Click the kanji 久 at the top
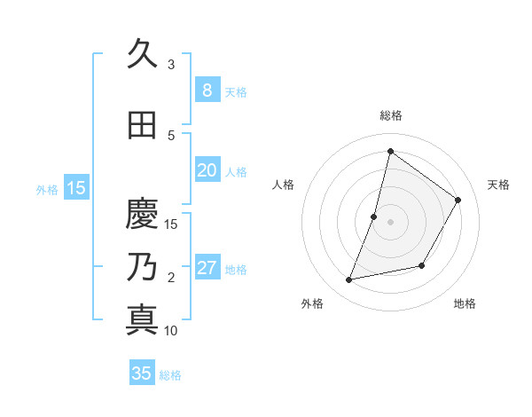click(x=142, y=54)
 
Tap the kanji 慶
click(x=142, y=214)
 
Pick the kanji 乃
click(x=142, y=267)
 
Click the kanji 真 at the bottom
click(x=142, y=319)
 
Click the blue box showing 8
click(x=207, y=90)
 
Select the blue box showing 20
click(x=207, y=170)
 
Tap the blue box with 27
click(x=207, y=268)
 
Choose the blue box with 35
click(x=142, y=374)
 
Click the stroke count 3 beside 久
click(x=171, y=65)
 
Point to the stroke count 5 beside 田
click(x=171, y=136)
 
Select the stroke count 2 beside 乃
click(x=171, y=278)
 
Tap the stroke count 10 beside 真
click(x=171, y=331)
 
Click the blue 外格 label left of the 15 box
click(x=47, y=188)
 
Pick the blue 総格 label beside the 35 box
click(x=170, y=375)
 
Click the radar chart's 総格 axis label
click(x=390, y=115)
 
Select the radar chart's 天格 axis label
click(x=498, y=185)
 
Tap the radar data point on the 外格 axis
click(x=349, y=280)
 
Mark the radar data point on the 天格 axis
click(x=458, y=200)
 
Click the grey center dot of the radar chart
click(x=390, y=222)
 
